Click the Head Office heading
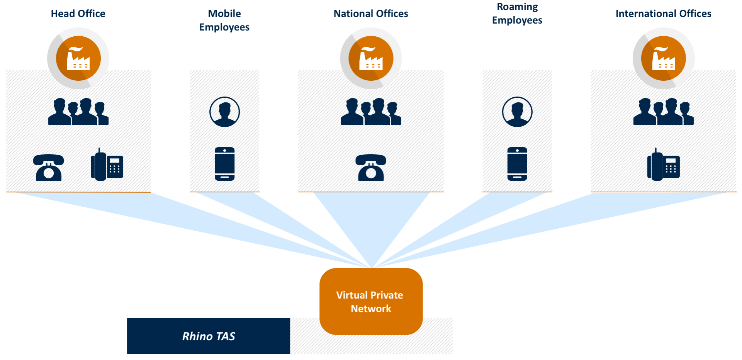pyautogui.click(x=78, y=14)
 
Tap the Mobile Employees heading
pyautogui.click(x=224, y=20)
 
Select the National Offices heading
pyautogui.click(x=371, y=14)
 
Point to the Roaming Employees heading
pyautogui.click(x=517, y=14)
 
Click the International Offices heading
pyautogui.click(x=663, y=14)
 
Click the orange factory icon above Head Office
pyautogui.click(x=78, y=58)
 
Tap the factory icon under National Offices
pyautogui.click(x=371, y=58)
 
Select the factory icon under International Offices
pyautogui.click(x=664, y=58)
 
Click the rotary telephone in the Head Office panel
pyautogui.click(x=49, y=167)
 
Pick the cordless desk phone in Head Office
pyautogui.click(x=107, y=165)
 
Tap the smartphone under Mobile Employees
pyautogui.click(x=225, y=164)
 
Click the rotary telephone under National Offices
pyautogui.click(x=371, y=167)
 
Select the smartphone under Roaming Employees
pyautogui.click(x=517, y=164)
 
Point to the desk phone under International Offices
pyautogui.click(x=664, y=165)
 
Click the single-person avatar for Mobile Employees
pyautogui.click(x=225, y=112)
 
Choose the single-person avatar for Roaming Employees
pyautogui.click(x=517, y=112)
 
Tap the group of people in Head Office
pyautogui.click(x=78, y=112)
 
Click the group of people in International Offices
pyautogui.click(x=664, y=112)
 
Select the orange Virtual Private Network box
pyautogui.click(x=371, y=301)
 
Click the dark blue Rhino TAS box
pyautogui.click(x=209, y=336)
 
